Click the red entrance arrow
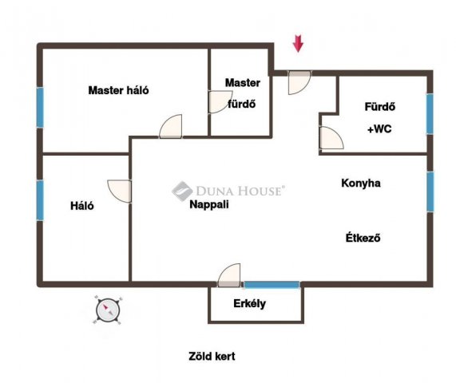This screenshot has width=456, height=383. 298,44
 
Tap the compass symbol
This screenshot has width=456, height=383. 108,310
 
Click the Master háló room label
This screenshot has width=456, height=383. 119,90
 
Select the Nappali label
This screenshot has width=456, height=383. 209,204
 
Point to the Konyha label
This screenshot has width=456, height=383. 361,183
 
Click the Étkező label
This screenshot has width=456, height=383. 363,238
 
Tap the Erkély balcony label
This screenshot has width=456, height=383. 249,304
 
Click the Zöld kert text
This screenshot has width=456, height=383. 212,356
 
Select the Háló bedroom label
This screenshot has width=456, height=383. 82,206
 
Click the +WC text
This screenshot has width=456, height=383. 379,128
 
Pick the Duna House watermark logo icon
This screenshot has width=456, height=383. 182,191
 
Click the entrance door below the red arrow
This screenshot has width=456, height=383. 299,82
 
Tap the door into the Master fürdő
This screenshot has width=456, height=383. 220,102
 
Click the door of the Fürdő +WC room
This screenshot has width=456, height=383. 331,138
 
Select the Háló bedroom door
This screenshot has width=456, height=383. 120,191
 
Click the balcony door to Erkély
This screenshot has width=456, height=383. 229,275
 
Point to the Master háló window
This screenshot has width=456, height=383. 40,108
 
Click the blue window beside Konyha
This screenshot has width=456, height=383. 430,191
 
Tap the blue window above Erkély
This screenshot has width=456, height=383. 272,285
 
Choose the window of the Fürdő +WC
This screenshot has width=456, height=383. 430,114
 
